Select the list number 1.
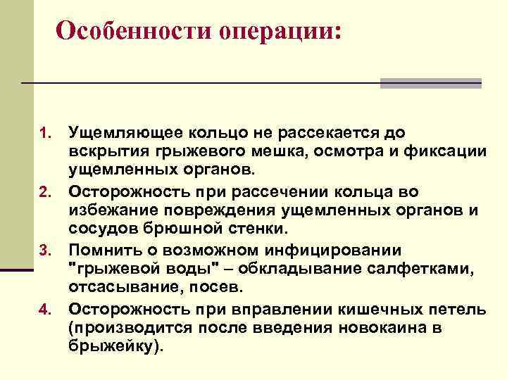[44, 133]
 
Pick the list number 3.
[44, 251]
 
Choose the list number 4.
[44, 309]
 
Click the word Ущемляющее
[120, 133]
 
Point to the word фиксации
[447, 152]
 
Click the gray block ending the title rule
[430, 83]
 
